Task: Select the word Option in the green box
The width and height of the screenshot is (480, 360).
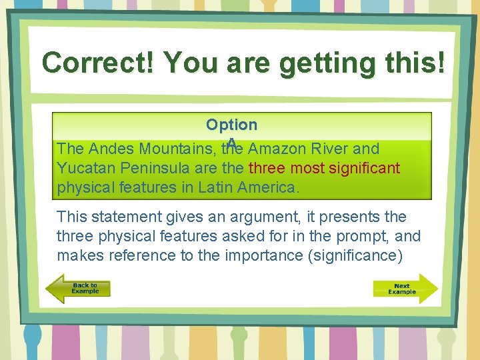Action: [231, 125]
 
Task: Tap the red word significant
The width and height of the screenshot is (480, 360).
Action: [364, 168]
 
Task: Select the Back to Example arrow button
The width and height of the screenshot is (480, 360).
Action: [78, 289]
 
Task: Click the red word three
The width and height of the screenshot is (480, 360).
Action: [267, 168]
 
